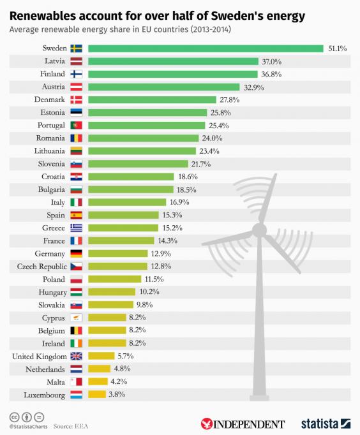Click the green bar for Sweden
(x=206, y=48)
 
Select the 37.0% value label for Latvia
(x=272, y=61)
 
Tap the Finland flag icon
(x=76, y=74)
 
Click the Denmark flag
(x=76, y=100)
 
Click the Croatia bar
(x=131, y=177)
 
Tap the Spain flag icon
(x=76, y=215)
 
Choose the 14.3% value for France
(x=167, y=240)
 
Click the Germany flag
(x=76, y=253)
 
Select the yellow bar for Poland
(x=114, y=279)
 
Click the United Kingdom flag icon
(x=76, y=356)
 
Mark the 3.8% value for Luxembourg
(x=117, y=394)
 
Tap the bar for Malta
(x=97, y=381)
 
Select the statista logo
(x=326, y=424)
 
